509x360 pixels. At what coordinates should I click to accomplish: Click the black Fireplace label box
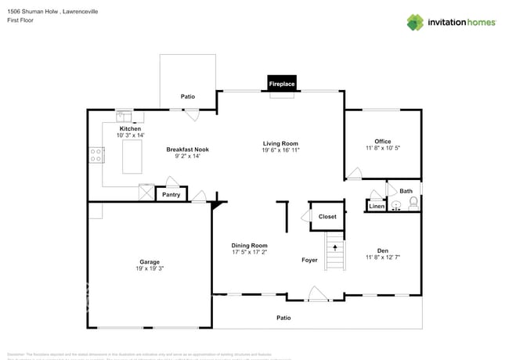pyautogui.click(x=282, y=84)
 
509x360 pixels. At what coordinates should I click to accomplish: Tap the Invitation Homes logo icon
pyautogui.click(x=414, y=22)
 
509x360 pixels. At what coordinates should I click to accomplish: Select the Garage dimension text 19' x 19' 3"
pyautogui.click(x=150, y=268)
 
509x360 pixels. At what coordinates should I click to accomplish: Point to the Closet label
pyautogui.click(x=327, y=217)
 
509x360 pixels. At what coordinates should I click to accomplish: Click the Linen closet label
pyautogui.click(x=377, y=206)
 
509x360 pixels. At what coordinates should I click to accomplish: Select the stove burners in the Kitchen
pyautogui.click(x=97, y=155)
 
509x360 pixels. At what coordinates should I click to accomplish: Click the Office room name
pyautogui.click(x=382, y=142)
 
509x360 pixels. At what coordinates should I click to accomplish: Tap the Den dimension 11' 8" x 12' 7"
pyautogui.click(x=382, y=257)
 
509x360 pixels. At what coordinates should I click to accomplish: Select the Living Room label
pyautogui.click(x=280, y=143)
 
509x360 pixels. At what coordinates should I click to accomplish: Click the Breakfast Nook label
pyautogui.click(x=187, y=149)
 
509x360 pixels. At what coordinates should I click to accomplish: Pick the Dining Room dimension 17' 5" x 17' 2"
pyautogui.click(x=249, y=253)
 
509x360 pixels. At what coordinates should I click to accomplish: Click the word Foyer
pyautogui.click(x=310, y=260)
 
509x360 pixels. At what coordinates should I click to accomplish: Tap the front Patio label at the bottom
pyautogui.click(x=283, y=318)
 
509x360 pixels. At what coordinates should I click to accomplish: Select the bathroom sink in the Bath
pyautogui.click(x=396, y=207)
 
